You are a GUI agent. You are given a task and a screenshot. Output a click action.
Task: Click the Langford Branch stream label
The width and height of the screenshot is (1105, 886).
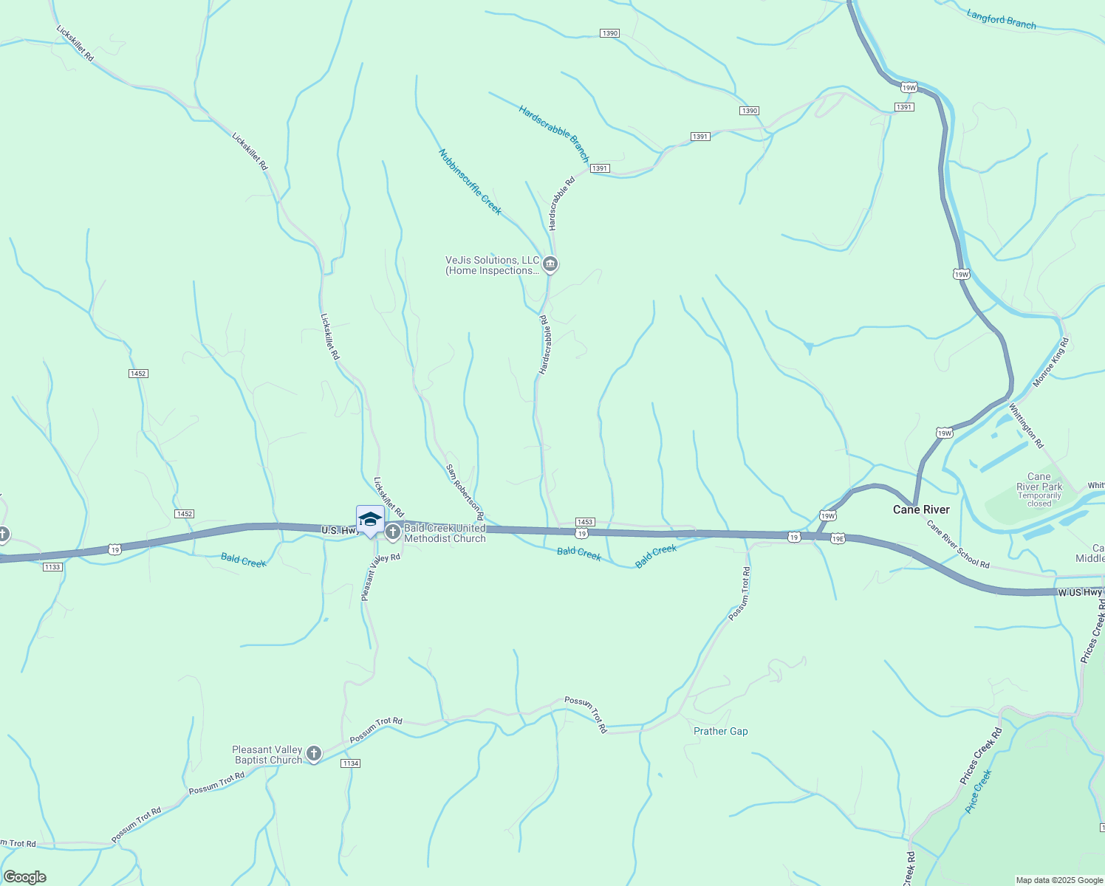(1001, 19)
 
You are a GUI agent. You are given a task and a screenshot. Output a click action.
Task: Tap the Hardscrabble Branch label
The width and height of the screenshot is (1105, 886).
(553, 134)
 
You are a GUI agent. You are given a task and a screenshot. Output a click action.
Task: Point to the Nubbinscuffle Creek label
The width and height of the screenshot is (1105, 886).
(470, 182)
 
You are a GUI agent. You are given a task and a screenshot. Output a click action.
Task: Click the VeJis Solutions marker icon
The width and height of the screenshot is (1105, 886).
(550, 264)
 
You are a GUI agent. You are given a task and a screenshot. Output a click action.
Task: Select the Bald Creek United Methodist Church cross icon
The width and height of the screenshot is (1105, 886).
(393, 532)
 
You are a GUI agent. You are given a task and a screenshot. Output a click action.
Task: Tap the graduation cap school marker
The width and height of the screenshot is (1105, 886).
(370, 520)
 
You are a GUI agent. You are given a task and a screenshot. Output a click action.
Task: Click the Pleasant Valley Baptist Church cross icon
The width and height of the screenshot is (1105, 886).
(314, 754)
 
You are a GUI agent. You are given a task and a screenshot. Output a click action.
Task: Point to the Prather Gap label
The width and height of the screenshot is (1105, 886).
(720, 731)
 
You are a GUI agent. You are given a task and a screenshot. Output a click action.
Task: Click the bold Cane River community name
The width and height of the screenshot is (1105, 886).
(921, 509)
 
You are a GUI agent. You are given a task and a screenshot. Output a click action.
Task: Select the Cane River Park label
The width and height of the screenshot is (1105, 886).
(1039, 481)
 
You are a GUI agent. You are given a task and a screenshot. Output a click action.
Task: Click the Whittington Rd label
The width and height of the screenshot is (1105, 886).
(1026, 426)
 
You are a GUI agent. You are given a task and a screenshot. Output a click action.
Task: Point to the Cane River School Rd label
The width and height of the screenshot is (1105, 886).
(958, 544)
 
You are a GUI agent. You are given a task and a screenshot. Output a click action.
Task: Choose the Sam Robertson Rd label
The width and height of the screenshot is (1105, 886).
(465, 491)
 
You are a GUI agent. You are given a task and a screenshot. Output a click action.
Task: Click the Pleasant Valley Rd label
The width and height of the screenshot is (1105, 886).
(380, 577)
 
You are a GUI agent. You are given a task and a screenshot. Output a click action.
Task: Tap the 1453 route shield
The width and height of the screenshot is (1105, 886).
(585, 522)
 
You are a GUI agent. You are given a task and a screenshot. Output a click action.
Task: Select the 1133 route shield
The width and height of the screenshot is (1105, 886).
(52, 566)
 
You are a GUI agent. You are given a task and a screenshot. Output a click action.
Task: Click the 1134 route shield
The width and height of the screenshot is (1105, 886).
(350, 763)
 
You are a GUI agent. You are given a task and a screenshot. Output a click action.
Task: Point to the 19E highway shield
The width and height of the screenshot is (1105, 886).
(837, 539)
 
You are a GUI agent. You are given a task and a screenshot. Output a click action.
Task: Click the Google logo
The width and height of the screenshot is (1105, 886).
(25, 877)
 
